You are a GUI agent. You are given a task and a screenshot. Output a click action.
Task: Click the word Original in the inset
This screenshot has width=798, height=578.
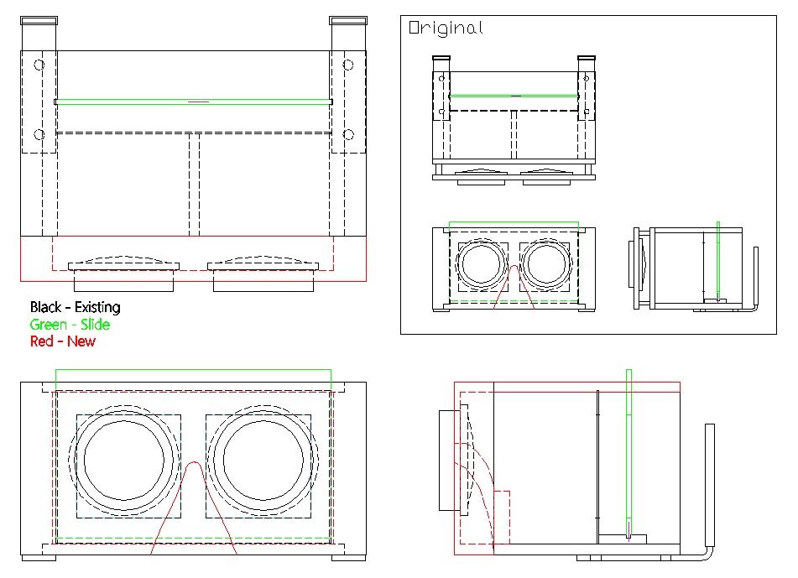446,28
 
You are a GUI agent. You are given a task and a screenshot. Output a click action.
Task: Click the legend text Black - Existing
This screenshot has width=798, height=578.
75,307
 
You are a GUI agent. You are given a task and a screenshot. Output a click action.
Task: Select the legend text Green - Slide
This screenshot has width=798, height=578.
70,325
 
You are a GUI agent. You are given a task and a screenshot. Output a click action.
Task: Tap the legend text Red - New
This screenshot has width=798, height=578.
63,341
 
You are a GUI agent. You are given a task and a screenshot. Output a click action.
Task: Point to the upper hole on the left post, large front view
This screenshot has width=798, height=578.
38,65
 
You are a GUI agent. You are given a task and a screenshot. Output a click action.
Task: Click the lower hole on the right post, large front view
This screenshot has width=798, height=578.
348,134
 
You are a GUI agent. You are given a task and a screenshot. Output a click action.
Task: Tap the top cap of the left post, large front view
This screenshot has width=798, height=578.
39,20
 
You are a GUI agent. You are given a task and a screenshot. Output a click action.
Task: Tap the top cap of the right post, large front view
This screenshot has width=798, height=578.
348,20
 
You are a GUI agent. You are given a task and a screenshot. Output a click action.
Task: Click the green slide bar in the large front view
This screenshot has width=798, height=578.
193,102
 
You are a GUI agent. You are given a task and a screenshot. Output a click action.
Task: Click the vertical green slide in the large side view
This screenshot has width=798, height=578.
629,453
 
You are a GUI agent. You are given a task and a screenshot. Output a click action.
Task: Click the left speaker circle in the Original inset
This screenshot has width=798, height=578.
482,265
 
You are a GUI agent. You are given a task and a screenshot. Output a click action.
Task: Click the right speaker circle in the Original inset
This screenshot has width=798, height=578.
546,265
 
